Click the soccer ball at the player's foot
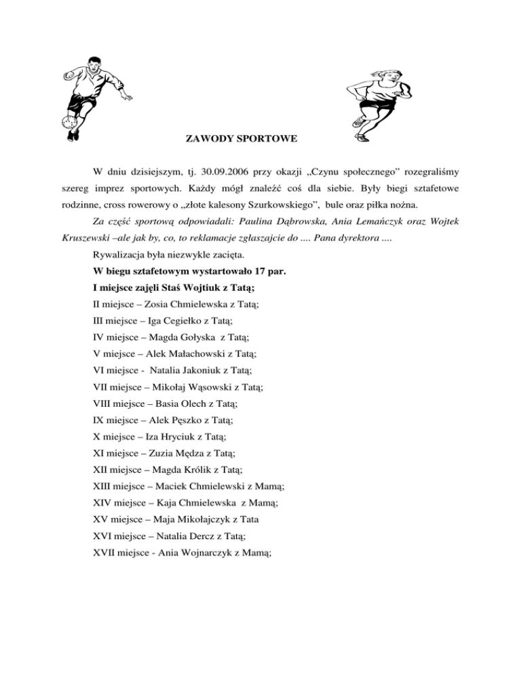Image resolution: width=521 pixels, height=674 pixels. coord(68,123)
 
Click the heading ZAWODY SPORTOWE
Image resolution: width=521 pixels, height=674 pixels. coord(241,140)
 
